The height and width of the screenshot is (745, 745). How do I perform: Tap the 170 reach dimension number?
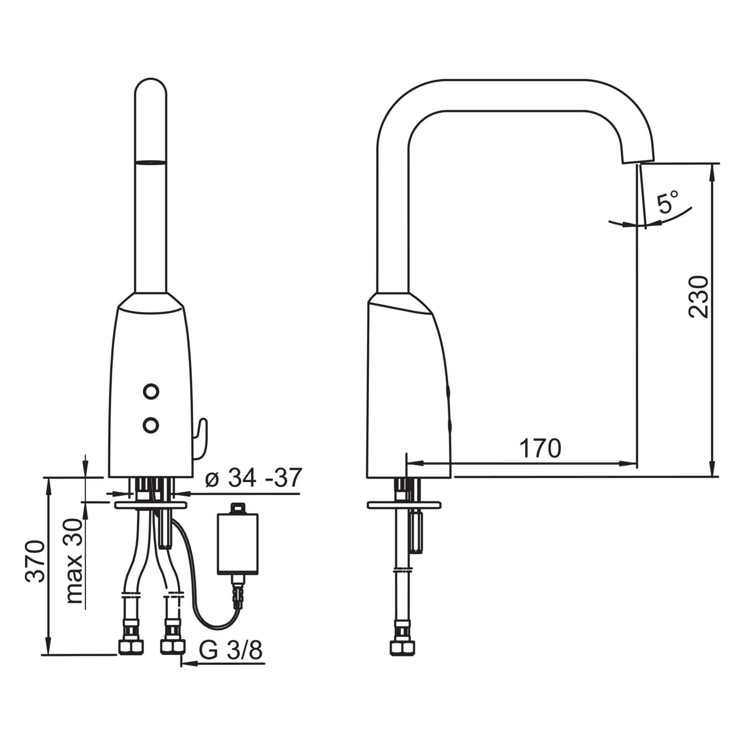coord(541,449)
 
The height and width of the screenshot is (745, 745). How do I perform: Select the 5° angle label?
coord(667,202)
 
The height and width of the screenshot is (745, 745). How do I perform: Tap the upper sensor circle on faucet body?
coord(151,392)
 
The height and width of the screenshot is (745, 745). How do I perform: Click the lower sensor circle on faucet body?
coord(151,425)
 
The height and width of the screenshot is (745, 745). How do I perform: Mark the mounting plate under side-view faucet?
coord(404,505)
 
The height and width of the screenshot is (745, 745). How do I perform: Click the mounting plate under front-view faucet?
coord(151,505)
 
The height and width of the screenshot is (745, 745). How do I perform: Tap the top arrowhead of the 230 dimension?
coord(712,171)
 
